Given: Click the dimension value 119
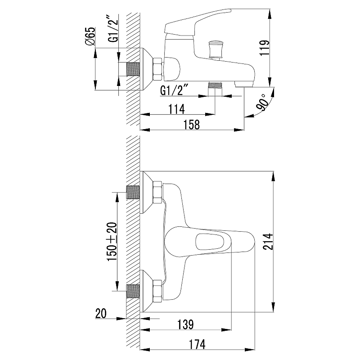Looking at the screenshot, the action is pyautogui.click(x=265, y=48).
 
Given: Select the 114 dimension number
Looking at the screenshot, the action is pyautogui.click(x=177, y=109).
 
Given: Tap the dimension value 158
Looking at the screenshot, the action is pyautogui.click(x=192, y=125).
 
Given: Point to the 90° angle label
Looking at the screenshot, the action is pyautogui.click(x=262, y=103).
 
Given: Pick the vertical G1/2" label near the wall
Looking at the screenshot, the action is pyautogui.click(x=113, y=29).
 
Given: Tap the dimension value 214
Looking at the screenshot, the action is pyautogui.click(x=268, y=242).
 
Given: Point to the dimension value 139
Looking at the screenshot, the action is pyautogui.click(x=185, y=324).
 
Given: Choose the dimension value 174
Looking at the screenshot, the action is pyautogui.click(x=197, y=344).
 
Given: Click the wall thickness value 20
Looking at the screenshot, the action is pyautogui.click(x=101, y=313).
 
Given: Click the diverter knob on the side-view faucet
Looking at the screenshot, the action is pyautogui.click(x=215, y=50).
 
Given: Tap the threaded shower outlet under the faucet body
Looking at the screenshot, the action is pyautogui.click(x=215, y=88).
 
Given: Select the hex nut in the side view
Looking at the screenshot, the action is pyautogui.click(x=158, y=69).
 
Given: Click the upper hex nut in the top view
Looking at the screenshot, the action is pyautogui.click(x=157, y=193).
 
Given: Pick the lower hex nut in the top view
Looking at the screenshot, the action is pyautogui.click(x=157, y=291).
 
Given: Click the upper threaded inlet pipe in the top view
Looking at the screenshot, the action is pyautogui.click(x=133, y=192).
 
